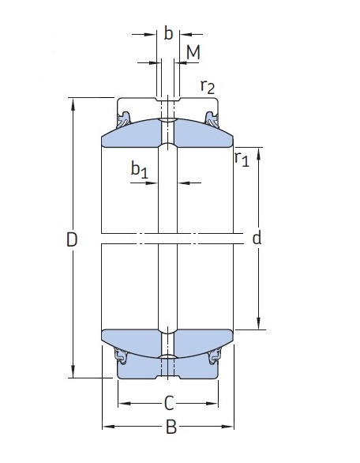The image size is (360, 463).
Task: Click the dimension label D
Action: point(72,239)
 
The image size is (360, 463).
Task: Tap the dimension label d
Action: point(257,237)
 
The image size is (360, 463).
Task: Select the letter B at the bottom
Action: point(171,427)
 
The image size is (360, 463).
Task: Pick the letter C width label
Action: point(169,404)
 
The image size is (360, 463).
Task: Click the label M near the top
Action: point(193,52)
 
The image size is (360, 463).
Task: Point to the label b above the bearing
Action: point(168,32)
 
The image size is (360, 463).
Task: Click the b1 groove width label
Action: point(140,170)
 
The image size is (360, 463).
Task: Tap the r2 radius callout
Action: point(208,87)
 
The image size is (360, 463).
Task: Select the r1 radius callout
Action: point(242,159)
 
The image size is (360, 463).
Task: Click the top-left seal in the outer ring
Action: point(123,119)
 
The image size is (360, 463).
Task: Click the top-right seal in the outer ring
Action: point(212,119)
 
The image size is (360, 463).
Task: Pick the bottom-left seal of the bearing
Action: point(120,356)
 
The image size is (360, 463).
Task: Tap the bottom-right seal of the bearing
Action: point(215,356)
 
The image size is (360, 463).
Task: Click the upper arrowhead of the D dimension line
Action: point(73,105)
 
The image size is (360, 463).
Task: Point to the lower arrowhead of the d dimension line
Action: point(258,322)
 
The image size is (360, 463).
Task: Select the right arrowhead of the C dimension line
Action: point(212,404)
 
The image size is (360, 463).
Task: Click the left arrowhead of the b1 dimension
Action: point(152,183)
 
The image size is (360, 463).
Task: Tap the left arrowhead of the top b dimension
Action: point(150,35)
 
